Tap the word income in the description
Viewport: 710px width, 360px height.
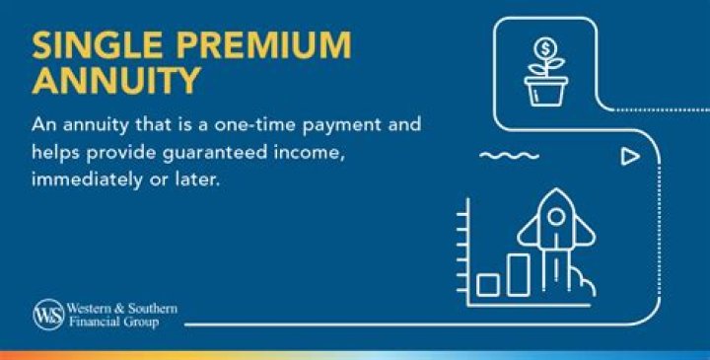[330, 156]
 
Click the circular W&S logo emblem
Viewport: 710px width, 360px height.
[46, 315]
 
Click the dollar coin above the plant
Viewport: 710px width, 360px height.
[544, 48]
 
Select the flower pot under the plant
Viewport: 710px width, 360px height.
[544, 92]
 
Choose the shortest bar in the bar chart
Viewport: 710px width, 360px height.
[486, 284]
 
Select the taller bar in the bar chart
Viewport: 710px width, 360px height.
[518, 275]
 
